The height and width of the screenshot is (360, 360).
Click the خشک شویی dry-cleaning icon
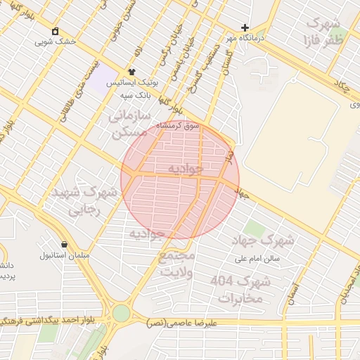56,31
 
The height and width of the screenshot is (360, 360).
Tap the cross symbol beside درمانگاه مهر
245,27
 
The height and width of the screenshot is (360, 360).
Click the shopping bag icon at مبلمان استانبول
65,244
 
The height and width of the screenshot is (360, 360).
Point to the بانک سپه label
132,94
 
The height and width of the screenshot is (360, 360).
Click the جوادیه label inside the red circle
186,169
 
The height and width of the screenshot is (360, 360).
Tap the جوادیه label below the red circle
147,233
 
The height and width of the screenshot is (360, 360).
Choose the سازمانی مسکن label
129,122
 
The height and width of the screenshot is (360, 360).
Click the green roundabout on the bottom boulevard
122,312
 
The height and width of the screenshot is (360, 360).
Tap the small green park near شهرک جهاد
255,229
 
